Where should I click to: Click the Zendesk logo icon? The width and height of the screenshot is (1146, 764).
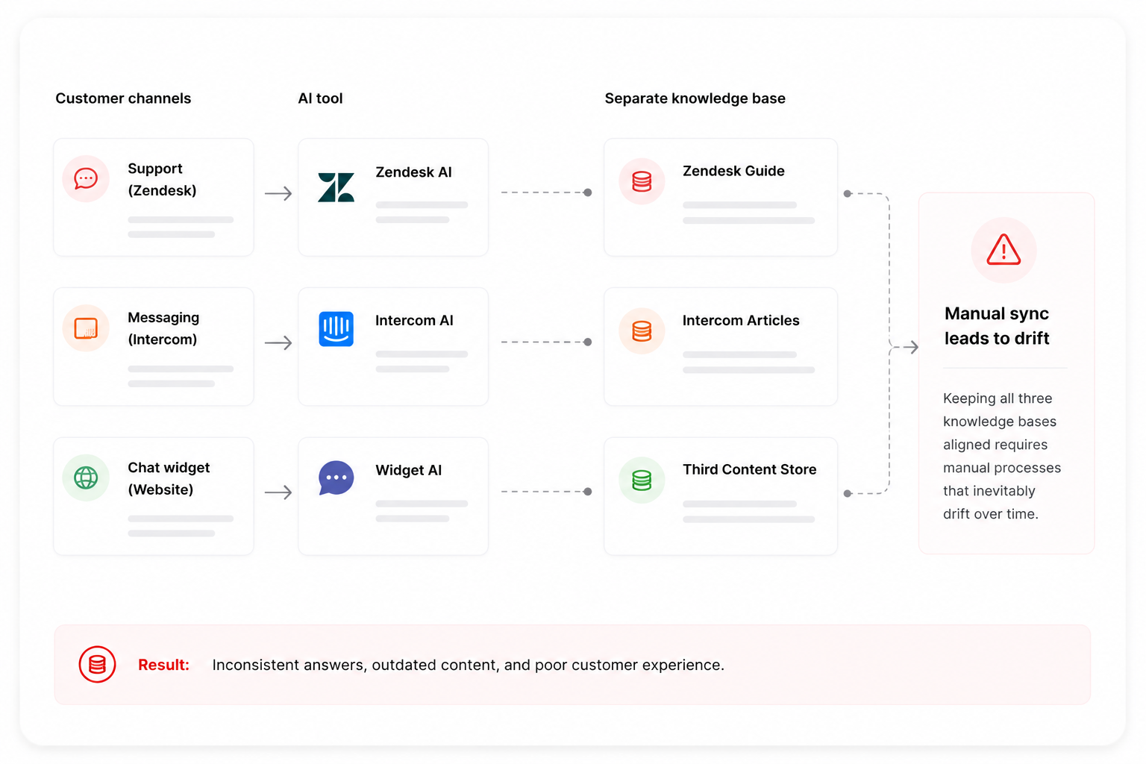pos(336,187)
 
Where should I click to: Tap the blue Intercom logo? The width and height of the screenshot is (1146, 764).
pos(336,329)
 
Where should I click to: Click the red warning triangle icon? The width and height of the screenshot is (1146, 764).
pos(1003,250)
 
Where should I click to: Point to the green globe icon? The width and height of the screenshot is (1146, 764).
pos(86,478)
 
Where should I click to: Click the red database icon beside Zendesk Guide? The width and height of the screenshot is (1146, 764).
pos(642,181)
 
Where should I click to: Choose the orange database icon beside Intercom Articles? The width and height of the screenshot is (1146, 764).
pos(642,331)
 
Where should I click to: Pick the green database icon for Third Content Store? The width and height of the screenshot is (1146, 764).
pos(642,480)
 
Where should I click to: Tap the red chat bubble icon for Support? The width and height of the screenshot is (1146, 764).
pos(86,178)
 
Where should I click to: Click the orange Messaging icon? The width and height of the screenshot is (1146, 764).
pos(86,328)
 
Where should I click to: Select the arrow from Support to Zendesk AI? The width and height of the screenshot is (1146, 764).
pos(278,193)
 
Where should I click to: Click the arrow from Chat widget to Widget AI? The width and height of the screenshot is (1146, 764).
pos(278,492)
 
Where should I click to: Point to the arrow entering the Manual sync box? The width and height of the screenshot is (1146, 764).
pos(911,348)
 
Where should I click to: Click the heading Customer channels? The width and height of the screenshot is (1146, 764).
pos(123,98)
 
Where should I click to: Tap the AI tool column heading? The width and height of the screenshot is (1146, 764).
pos(320,98)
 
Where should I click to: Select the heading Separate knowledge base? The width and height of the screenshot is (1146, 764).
pos(695,98)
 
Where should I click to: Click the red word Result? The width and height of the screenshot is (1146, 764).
pos(163,665)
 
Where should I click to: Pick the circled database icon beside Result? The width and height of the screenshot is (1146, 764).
pos(97,664)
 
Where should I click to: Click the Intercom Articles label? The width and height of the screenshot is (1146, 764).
pos(741,320)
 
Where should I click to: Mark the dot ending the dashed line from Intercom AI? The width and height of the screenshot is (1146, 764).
pos(588,342)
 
